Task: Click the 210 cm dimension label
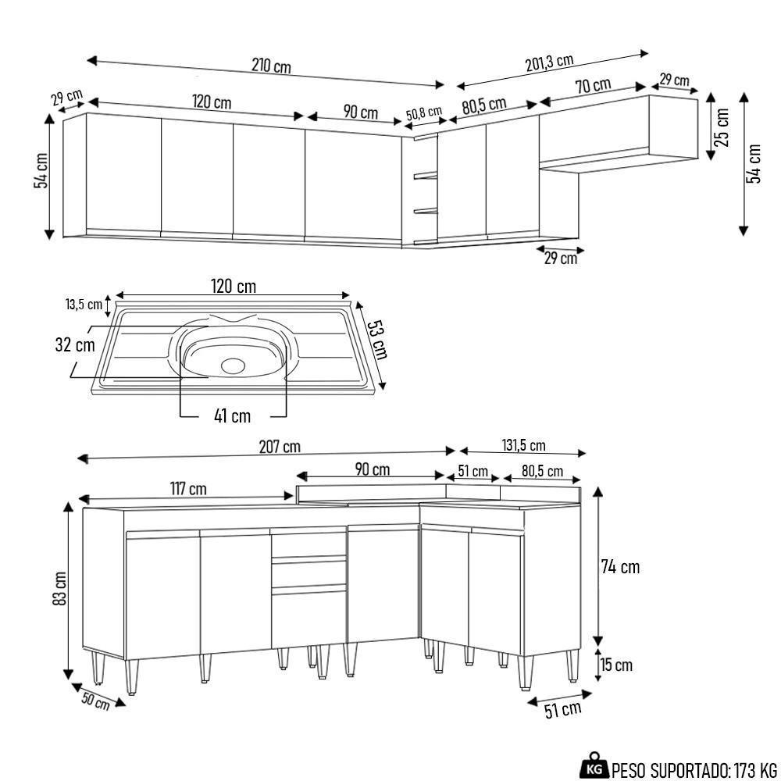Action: click(x=271, y=66)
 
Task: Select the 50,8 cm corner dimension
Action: click(x=424, y=113)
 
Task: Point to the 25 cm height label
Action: click(x=722, y=127)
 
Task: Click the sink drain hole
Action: click(x=233, y=365)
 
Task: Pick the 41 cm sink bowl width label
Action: click(x=232, y=415)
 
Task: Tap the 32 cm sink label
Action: click(x=75, y=344)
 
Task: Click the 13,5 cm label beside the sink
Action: click(x=84, y=305)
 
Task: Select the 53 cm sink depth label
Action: click(x=377, y=339)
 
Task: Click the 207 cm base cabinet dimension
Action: click(x=280, y=447)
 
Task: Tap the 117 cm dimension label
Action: click(x=187, y=489)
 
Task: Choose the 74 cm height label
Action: click(x=620, y=567)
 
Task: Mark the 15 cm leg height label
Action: click(x=616, y=665)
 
